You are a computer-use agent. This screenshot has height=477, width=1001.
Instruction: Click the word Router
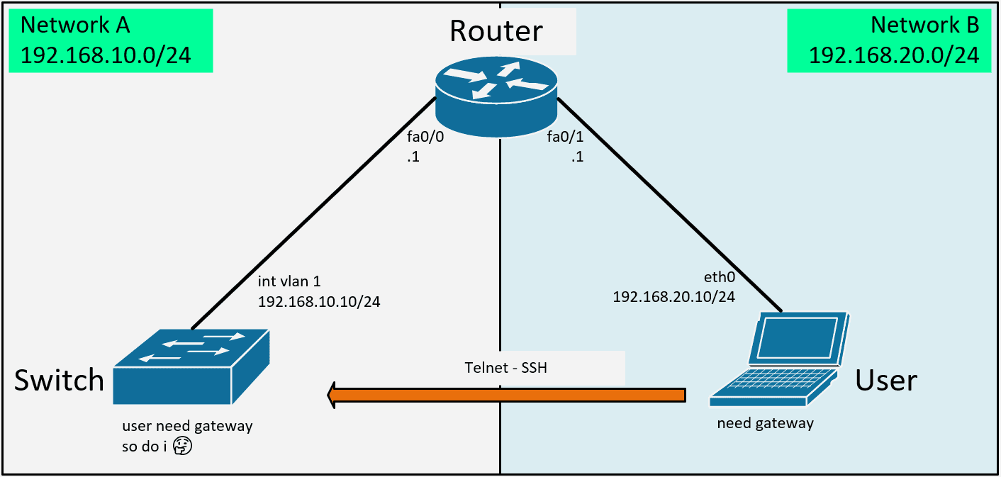coord(496,31)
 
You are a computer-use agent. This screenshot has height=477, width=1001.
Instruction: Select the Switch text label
coord(60,381)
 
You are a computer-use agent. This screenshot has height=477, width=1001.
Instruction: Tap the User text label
coord(885,381)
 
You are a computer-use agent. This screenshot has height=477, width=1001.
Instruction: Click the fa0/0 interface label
coord(425,136)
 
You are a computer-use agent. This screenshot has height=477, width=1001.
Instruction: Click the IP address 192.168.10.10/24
coord(319,302)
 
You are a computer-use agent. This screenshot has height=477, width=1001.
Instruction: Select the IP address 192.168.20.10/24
coord(673,297)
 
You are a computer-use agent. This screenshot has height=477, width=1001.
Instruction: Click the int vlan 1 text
coord(291,283)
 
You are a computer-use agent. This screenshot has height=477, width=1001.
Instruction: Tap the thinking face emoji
coord(184,446)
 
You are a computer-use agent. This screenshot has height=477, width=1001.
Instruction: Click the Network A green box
coord(111,40)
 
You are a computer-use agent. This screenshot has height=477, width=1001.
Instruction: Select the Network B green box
coord(889,40)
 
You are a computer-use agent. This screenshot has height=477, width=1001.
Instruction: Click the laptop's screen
coord(798,339)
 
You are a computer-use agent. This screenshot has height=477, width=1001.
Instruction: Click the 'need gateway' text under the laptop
coord(765,424)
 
